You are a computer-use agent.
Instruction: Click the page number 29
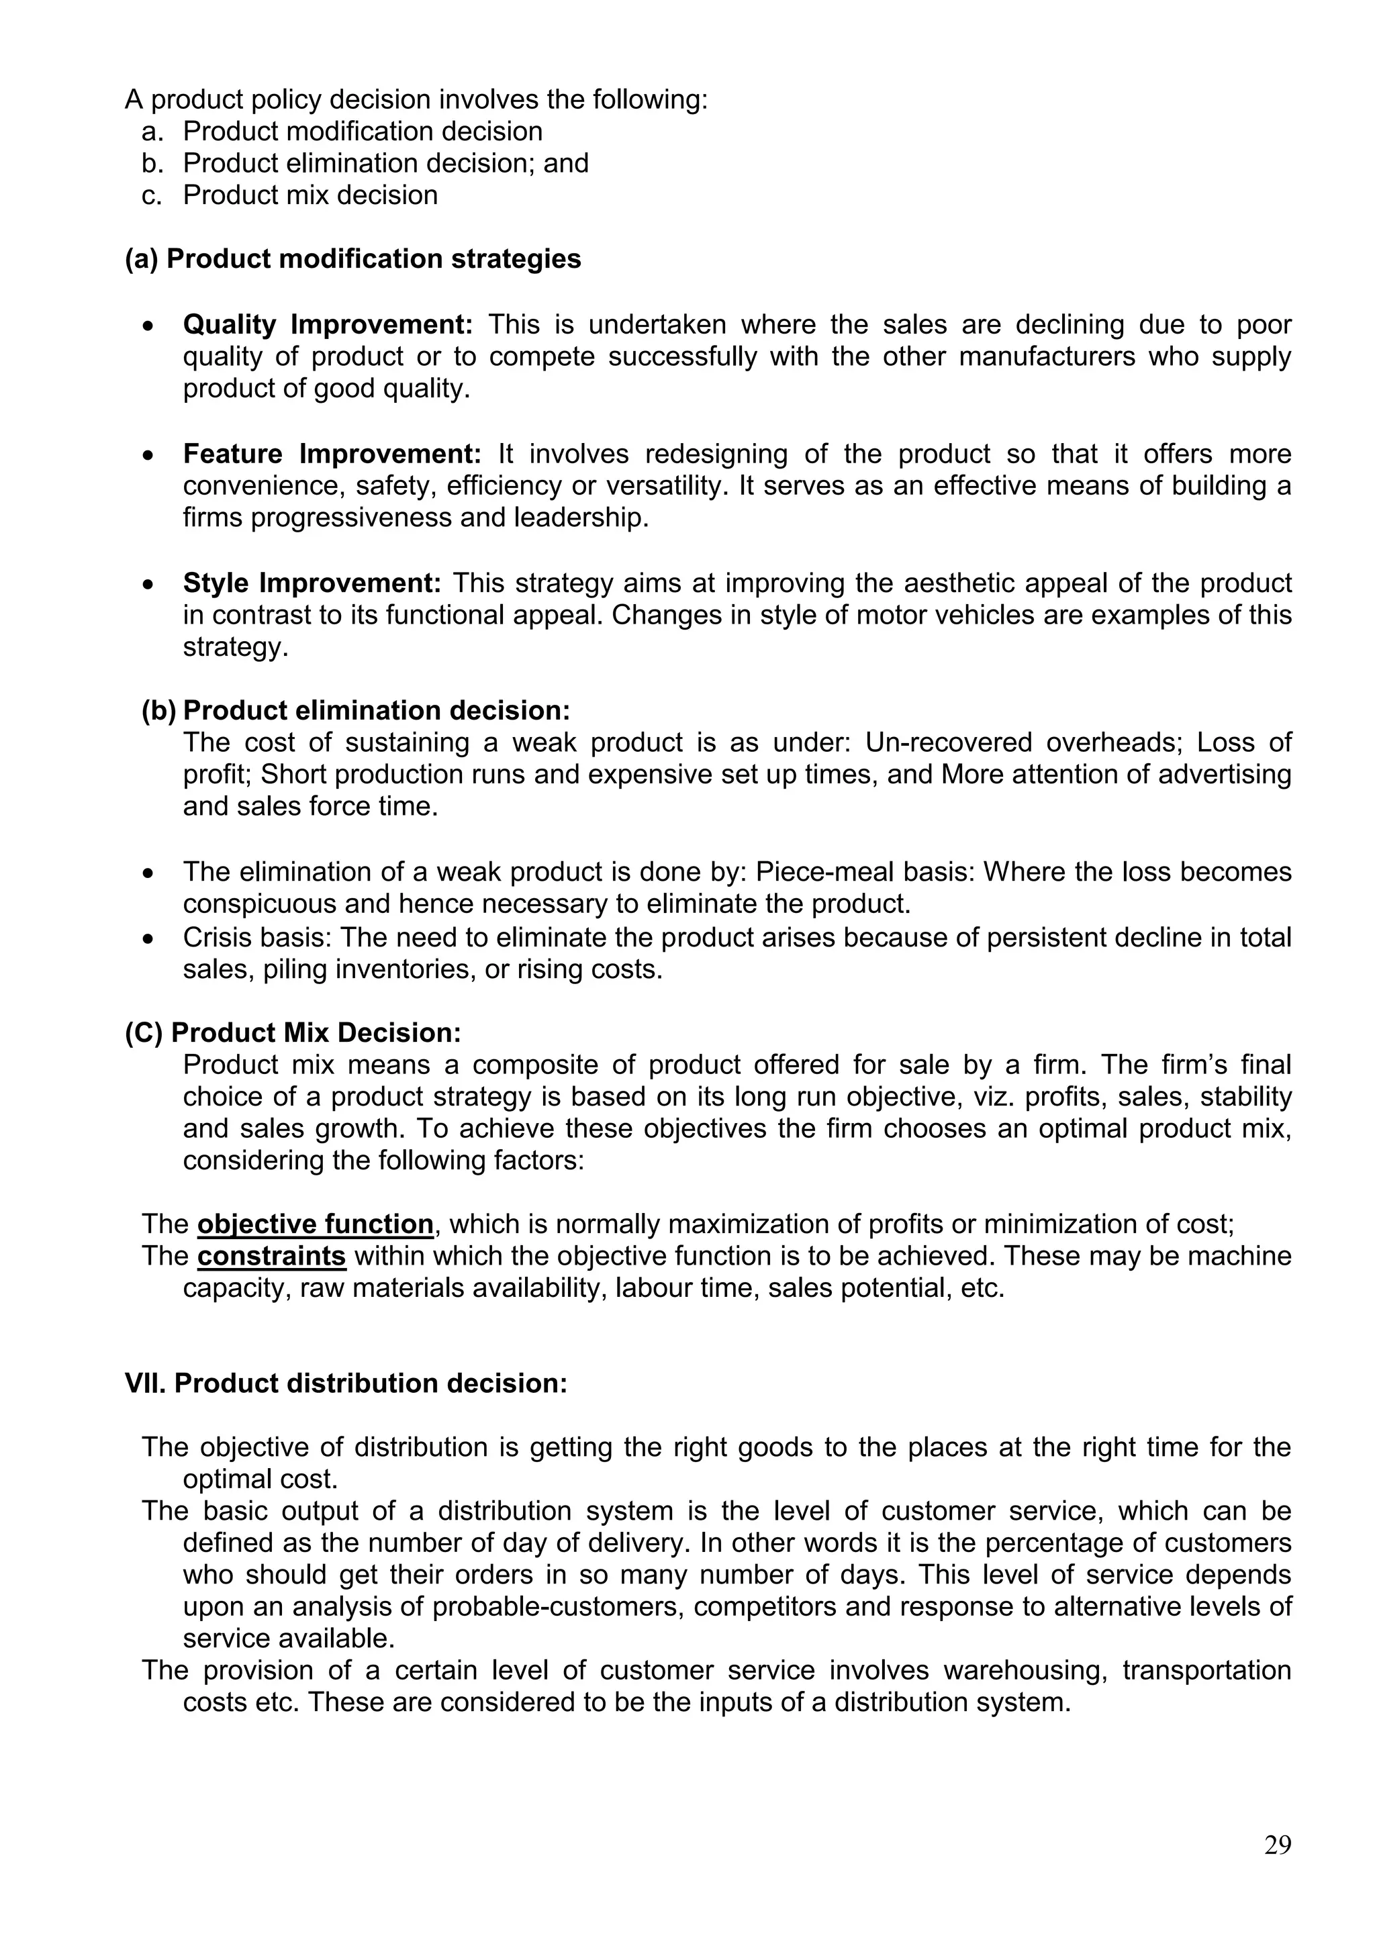[1278, 1845]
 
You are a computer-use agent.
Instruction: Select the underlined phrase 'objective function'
[315, 1224]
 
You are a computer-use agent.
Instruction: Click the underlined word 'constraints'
[271, 1256]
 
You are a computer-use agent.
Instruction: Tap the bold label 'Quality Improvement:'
[328, 324]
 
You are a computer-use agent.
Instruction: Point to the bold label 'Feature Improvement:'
[332, 454]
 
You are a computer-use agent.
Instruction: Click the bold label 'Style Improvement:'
[312, 583]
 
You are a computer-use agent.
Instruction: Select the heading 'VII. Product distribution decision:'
[346, 1383]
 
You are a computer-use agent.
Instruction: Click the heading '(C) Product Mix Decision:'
[293, 1033]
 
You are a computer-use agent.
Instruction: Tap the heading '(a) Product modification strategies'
[352, 259]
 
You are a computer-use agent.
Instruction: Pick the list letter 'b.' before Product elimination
[152, 163]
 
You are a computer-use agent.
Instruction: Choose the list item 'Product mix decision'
[310, 195]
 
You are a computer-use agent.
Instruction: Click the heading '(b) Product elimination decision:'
[356, 710]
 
